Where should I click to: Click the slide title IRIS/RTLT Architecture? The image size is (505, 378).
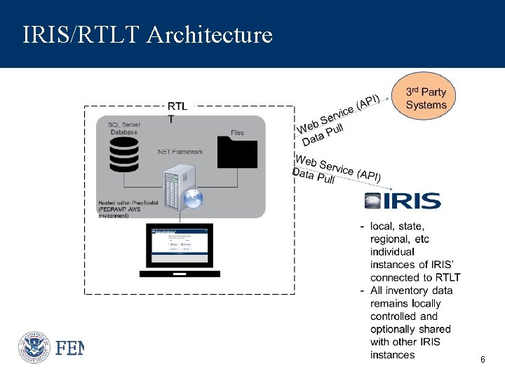click(147, 34)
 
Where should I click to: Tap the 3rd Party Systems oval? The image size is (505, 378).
click(426, 98)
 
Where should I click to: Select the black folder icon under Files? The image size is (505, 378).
click(237, 152)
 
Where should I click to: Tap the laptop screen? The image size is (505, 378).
click(179, 245)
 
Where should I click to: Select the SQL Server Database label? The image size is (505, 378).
click(124, 128)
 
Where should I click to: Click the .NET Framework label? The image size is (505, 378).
click(180, 152)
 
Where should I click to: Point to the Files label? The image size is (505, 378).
click(237, 133)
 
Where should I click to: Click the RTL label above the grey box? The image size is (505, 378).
click(177, 106)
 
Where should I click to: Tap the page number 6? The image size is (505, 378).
click(483, 359)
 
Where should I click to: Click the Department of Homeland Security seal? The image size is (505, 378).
click(34, 347)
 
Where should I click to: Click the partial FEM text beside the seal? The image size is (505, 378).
click(69, 348)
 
